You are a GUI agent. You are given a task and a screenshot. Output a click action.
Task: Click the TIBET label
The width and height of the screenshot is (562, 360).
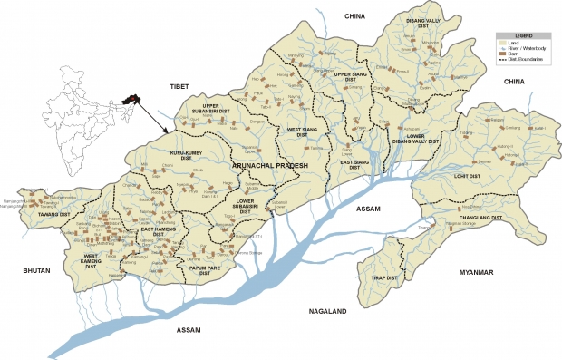coord(179,86)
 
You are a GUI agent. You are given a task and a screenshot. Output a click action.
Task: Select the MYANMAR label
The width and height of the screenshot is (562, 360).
coord(476,272)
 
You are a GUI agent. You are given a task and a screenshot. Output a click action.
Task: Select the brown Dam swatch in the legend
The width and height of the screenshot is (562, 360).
coord(501,54)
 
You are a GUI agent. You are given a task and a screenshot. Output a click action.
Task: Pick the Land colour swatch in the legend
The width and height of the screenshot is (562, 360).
coord(501,41)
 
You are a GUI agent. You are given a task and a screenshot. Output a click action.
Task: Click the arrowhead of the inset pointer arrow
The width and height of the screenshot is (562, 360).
coord(165,132)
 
